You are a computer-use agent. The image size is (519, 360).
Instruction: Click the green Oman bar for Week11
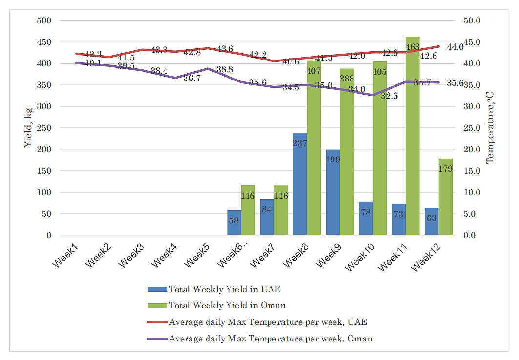point(413,137)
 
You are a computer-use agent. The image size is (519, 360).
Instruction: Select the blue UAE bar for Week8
point(299,185)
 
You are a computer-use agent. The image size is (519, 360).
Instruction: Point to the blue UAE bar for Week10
point(366,219)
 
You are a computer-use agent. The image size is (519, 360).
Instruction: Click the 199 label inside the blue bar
point(332,160)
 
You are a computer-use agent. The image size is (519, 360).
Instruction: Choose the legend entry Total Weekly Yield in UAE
point(225,289)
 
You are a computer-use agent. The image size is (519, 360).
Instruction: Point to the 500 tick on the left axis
point(44,20)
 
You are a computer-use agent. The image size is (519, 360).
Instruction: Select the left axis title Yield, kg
point(28,128)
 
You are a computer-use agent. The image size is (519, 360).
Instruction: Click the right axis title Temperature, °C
point(490,128)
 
